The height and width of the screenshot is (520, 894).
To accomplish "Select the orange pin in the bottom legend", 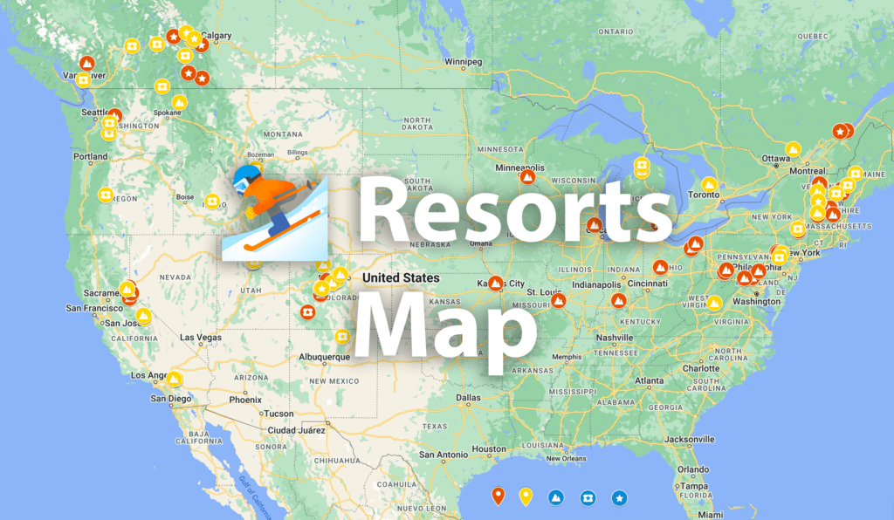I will tap(498, 497).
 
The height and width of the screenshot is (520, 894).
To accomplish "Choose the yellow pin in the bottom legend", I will tap(526, 497).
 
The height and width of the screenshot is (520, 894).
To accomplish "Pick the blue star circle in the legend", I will tap(619, 498).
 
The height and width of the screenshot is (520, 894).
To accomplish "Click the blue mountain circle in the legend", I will tap(556, 498).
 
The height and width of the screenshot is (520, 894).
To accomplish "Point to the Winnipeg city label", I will tap(463, 63).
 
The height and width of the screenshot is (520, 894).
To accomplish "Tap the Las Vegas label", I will tap(200, 337).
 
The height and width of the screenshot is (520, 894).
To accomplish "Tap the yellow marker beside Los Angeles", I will tap(175, 379).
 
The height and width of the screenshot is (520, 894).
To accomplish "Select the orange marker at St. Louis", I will tap(558, 301).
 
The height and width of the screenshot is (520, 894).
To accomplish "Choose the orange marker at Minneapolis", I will tap(527, 175).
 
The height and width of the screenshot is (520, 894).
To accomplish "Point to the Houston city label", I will tap(488, 449).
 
